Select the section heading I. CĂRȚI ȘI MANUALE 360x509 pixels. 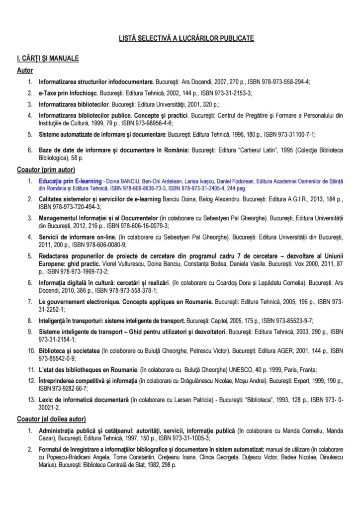[48, 59]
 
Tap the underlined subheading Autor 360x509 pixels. [25, 71]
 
